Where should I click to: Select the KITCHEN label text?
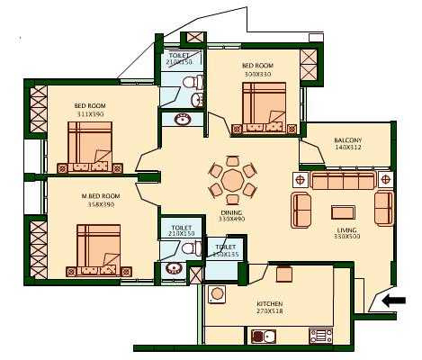(270, 304)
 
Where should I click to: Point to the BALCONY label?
(347, 141)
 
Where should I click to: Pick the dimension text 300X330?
(256, 74)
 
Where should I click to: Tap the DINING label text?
(231, 211)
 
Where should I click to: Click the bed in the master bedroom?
(98, 248)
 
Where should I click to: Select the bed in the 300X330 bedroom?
(263, 108)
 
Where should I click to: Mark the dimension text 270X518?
(270, 312)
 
